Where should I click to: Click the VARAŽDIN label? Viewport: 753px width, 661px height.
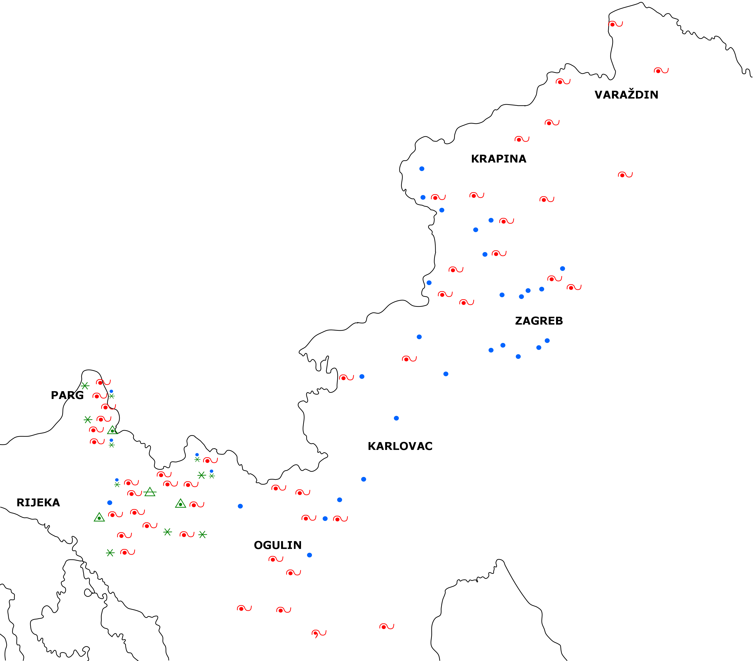pos(626,95)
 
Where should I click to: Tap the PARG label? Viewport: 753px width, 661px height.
pos(67,395)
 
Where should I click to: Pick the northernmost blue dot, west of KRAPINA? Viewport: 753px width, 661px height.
pos(422,169)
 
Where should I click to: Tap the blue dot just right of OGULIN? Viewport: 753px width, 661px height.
pos(310,555)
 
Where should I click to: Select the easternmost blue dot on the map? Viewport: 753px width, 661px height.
pos(562,268)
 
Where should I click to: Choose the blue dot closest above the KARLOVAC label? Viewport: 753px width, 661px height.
pos(396,418)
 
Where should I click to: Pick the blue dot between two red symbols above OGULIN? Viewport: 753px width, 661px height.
pos(325,518)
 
